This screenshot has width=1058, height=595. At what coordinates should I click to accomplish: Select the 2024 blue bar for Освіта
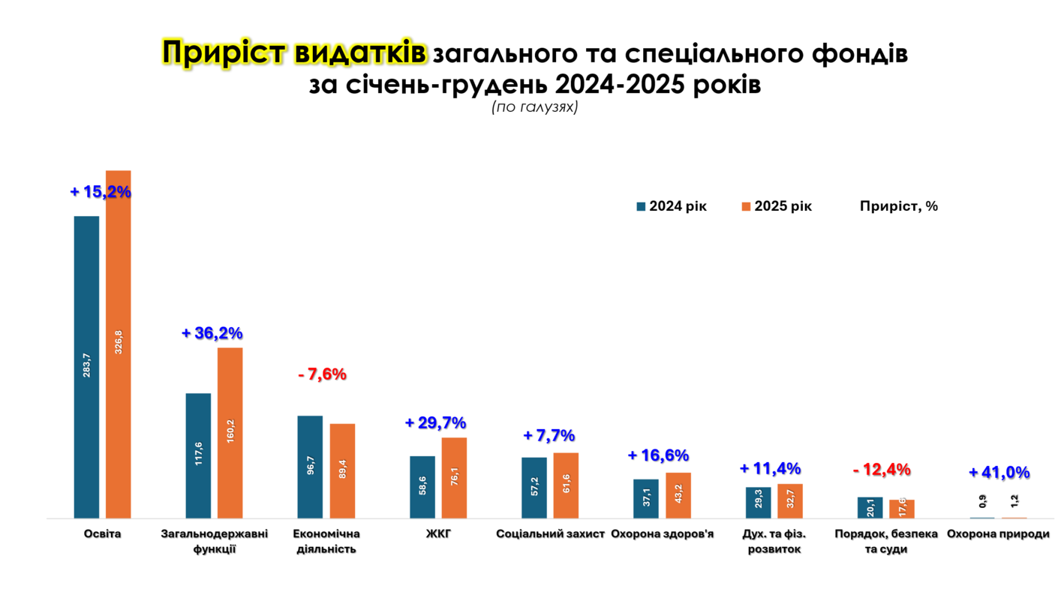tap(86, 367)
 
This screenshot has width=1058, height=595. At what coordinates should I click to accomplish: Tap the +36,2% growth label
tap(212, 333)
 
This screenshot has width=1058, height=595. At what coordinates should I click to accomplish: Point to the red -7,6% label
tap(322, 374)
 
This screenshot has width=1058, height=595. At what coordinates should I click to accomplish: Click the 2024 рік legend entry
tap(672, 206)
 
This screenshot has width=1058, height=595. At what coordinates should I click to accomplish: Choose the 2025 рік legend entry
tap(777, 206)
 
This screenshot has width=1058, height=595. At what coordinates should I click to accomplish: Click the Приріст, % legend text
tap(899, 206)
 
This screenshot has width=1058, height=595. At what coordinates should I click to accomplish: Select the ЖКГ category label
tap(438, 534)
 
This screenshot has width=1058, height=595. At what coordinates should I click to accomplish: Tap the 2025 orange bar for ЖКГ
tap(454, 478)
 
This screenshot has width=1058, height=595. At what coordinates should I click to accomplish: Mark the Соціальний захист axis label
tap(550, 534)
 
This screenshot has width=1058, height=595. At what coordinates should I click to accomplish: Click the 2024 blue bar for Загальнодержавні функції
tap(198, 455)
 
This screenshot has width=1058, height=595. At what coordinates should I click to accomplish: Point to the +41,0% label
tap(999, 473)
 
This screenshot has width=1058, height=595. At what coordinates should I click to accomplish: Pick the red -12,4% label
tap(882, 470)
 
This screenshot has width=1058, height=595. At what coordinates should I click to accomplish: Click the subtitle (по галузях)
tap(534, 107)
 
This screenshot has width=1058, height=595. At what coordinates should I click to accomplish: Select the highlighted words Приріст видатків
tap(295, 53)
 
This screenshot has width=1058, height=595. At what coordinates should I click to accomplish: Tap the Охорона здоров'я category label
tap(662, 534)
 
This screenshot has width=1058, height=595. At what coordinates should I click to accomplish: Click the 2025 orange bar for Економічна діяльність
tap(342, 471)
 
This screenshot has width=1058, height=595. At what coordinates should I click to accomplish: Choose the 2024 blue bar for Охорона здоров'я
tap(645, 499)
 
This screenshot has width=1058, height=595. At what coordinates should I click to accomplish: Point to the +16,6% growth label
tap(658, 455)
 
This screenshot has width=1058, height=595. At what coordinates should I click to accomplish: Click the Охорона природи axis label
tap(998, 534)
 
